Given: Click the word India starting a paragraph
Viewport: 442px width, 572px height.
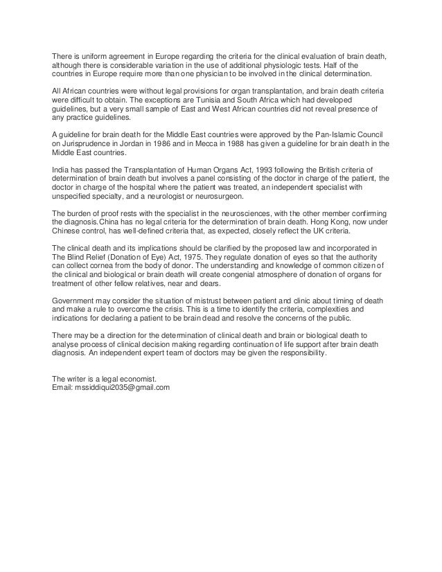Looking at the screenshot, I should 62,168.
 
